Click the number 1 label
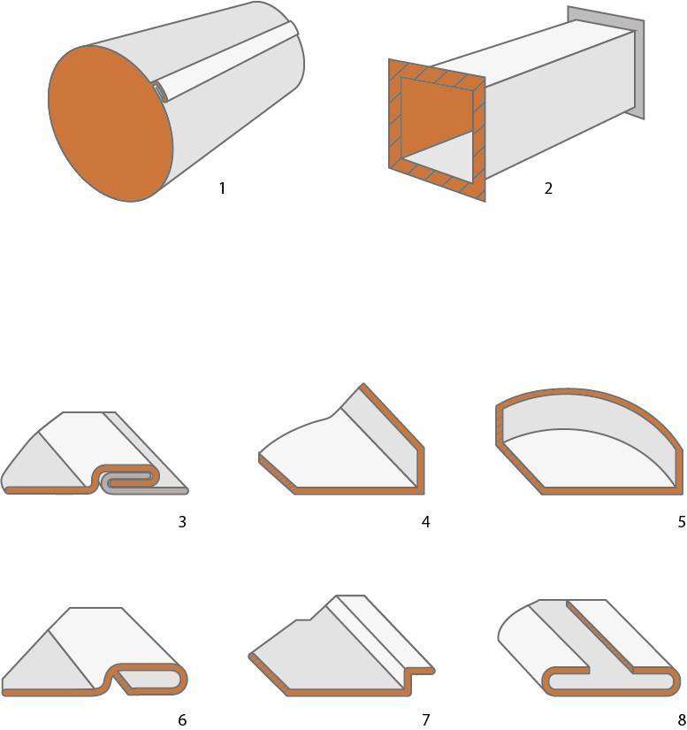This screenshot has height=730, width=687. point(222,188)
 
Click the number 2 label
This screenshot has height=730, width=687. point(548,188)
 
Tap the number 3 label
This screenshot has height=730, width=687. point(182,522)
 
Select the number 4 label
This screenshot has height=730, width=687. point(425,522)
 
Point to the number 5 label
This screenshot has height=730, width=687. point(682,522)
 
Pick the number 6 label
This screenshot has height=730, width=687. point(182,719)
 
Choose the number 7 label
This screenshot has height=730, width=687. point(425,719)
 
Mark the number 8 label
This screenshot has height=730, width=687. point(682,719)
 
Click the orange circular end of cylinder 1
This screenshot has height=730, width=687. point(111,123)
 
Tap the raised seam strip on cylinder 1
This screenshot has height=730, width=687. point(228,63)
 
